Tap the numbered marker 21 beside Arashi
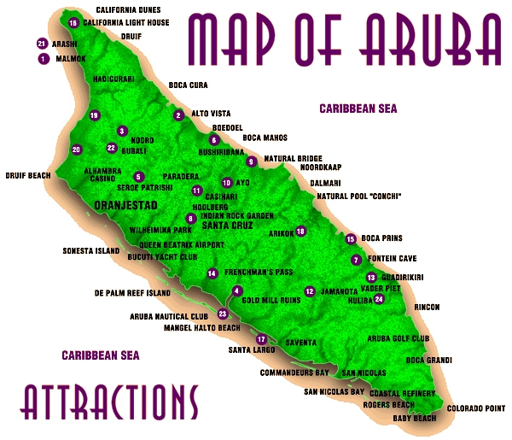(42, 43)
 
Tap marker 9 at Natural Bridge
(251, 161)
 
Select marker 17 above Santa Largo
(261, 339)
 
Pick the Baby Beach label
(414, 419)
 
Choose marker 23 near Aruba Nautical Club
(223, 314)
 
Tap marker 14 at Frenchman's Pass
(212, 273)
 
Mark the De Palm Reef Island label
(133, 293)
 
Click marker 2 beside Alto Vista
(178, 114)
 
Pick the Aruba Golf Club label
(398, 338)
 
